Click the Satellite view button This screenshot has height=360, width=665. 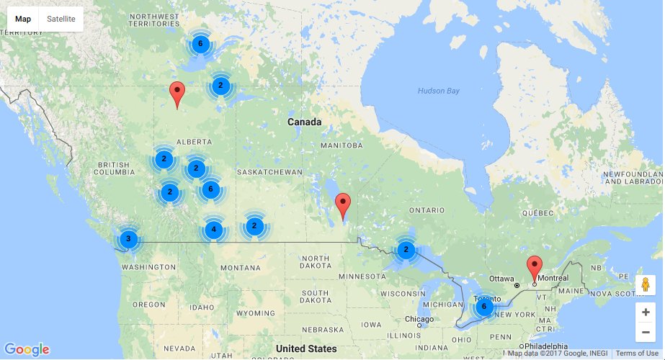[x=61, y=19]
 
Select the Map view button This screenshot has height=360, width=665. [x=23, y=19]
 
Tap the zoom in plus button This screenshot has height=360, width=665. [x=645, y=312]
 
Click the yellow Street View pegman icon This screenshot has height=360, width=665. [x=645, y=284]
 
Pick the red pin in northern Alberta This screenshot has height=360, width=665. [x=177, y=94]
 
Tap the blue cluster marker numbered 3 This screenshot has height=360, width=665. [x=128, y=238]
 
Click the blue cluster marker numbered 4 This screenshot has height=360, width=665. [x=212, y=230]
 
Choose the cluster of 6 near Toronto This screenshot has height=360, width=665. [x=483, y=307]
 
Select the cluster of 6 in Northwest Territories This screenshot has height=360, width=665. [x=200, y=44]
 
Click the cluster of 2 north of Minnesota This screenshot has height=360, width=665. [x=406, y=251]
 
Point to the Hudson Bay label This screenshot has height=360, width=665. [x=438, y=91]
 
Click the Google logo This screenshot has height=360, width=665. [x=27, y=350]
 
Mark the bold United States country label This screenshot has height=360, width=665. [x=306, y=349]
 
